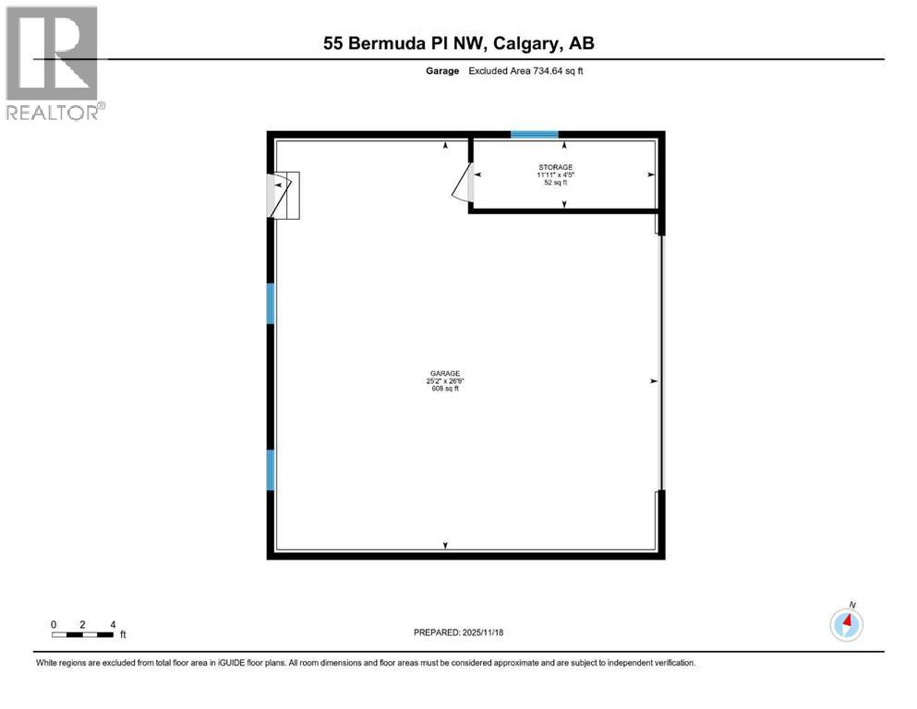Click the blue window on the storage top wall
click(x=535, y=135)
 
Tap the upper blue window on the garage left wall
click(x=271, y=304)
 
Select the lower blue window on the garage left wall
click(x=271, y=470)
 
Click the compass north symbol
click(x=847, y=624)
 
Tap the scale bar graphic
click(x=83, y=634)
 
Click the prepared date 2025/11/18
click(x=458, y=632)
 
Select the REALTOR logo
click(x=53, y=63)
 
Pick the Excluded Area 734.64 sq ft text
click(x=525, y=71)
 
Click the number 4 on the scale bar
click(x=113, y=624)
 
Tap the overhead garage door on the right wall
click(x=659, y=362)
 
